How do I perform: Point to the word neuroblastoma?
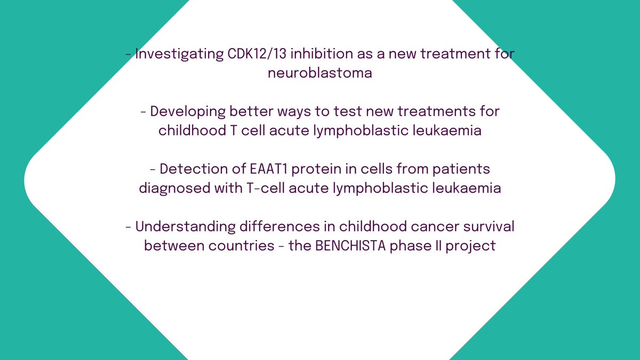point(320,73)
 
